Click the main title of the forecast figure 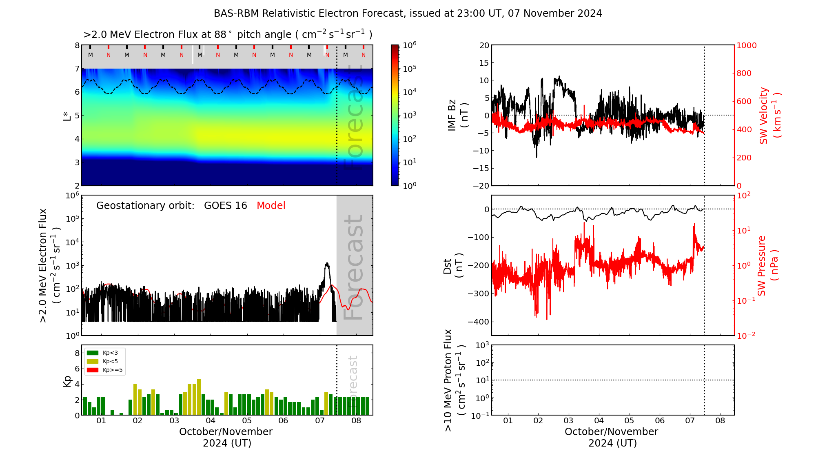[x=408, y=13]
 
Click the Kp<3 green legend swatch [x=93, y=353]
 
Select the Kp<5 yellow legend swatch [x=93, y=361]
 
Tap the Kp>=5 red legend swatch [x=93, y=370]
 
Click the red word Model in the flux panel [x=271, y=206]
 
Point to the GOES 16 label [x=225, y=206]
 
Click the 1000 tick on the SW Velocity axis [x=746, y=45]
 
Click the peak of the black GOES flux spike [x=327, y=264]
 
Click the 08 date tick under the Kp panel [x=356, y=421]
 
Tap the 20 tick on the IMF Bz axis [x=484, y=45]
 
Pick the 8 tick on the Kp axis [x=77, y=353]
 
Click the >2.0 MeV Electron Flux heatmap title [x=228, y=35]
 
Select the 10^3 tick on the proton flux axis [x=482, y=345]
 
